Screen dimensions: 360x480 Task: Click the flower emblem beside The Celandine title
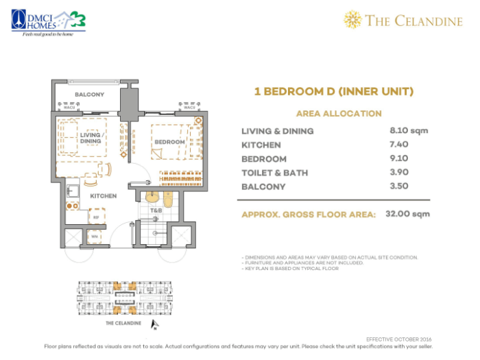(352, 20)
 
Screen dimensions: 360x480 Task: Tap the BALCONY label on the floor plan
(89, 94)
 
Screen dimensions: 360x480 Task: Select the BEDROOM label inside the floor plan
(169, 142)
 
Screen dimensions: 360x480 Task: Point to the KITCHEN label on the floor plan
(103, 195)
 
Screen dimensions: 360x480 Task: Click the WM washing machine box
(95, 237)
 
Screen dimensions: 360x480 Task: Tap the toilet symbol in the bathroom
(169, 199)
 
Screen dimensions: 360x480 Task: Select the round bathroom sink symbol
(152, 197)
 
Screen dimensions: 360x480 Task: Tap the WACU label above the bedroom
(187, 108)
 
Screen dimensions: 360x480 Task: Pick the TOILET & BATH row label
(274, 173)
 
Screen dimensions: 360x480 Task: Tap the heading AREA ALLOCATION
(338, 113)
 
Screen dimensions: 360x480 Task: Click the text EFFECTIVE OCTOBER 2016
(398, 339)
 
